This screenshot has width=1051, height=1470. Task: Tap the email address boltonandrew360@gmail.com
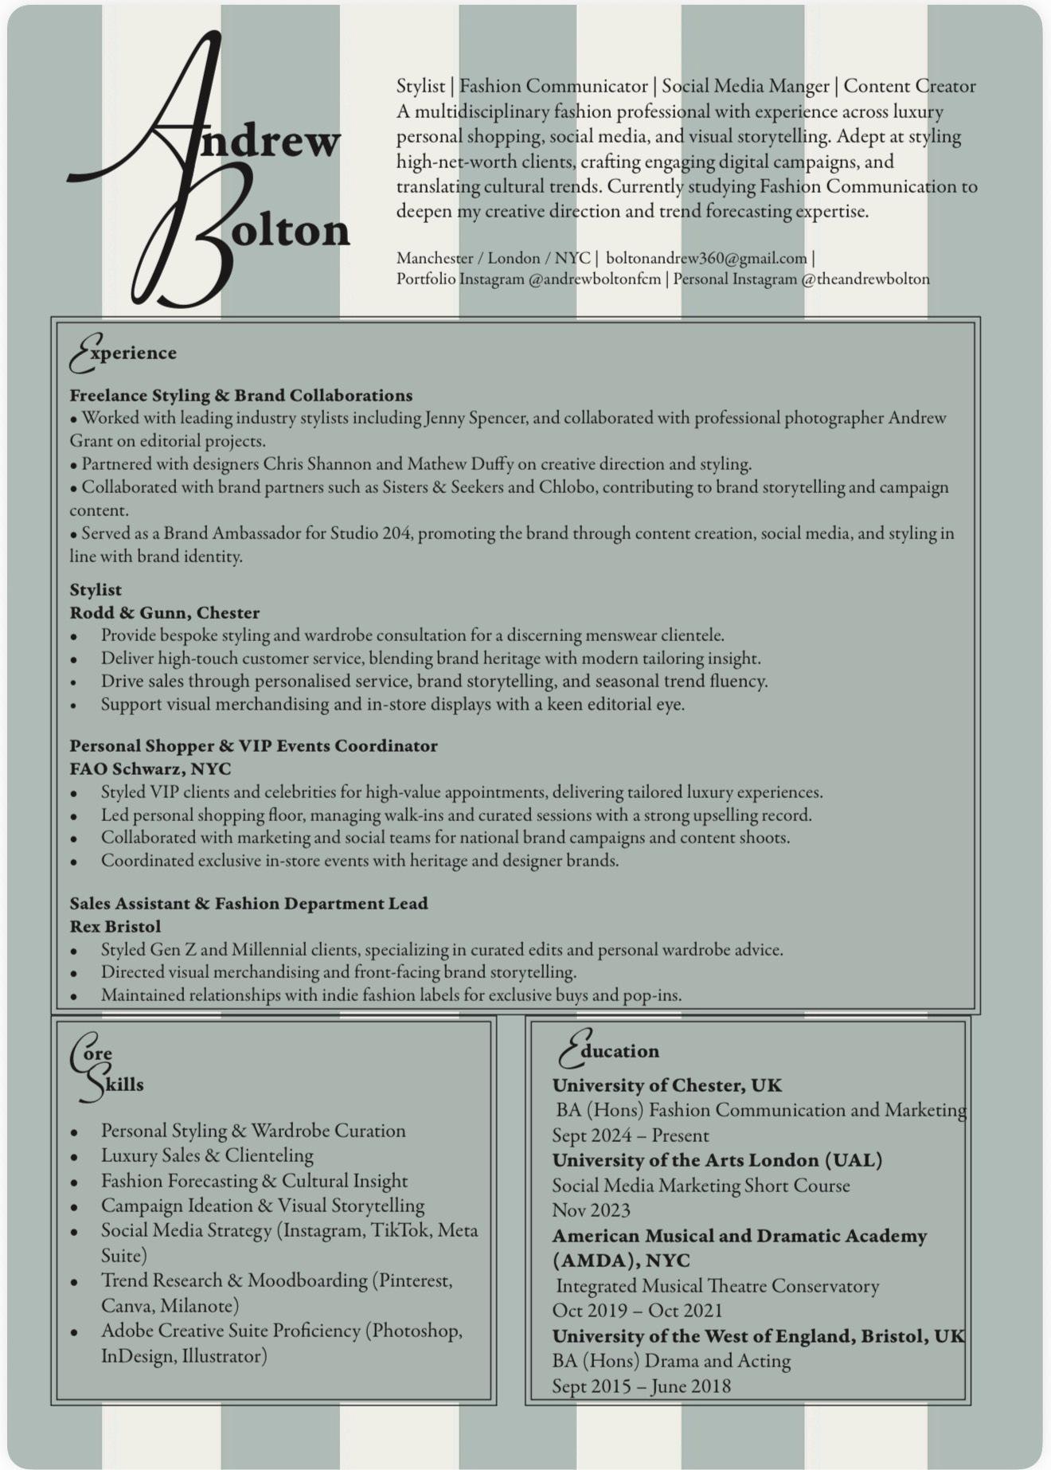point(706,258)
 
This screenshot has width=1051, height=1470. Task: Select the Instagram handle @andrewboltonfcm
point(595,280)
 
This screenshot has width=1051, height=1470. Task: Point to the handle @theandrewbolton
point(865,280)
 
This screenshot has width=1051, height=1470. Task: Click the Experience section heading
point(124,353)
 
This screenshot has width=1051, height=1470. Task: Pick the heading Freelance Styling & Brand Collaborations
point(240,396)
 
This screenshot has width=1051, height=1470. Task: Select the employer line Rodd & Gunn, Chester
point(164,613)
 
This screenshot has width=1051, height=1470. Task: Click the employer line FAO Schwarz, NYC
point(150,769)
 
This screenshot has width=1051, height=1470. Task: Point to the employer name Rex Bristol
point(115,927)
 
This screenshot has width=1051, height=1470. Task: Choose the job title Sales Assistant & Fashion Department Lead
point(248,904)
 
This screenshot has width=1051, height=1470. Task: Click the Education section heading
point(610,1051)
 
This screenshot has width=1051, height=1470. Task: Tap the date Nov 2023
point(591,1210)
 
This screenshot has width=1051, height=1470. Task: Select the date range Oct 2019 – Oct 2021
point(637,1311)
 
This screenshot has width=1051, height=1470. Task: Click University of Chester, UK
point(666,1085)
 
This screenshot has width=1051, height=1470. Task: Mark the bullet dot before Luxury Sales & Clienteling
point(74,1157)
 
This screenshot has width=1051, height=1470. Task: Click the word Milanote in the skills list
point(197,1306)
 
